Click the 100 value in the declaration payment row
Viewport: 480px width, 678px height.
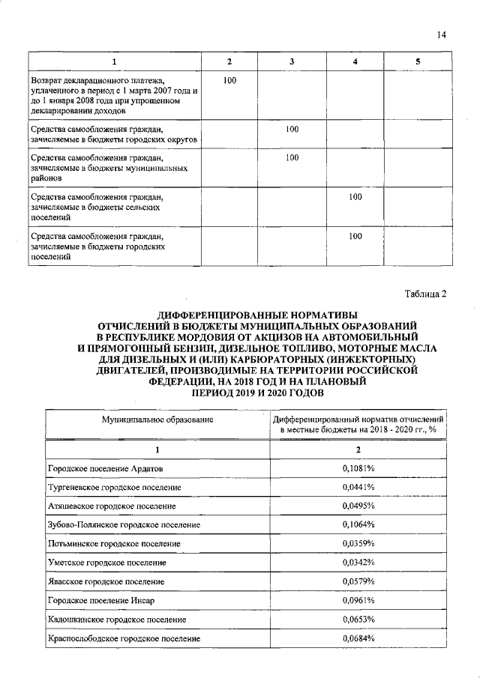tap(231, 79)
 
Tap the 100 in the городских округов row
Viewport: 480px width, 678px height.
tap(292, 130)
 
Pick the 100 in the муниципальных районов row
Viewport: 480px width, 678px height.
tap(292, 157)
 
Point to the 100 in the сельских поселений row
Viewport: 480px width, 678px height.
tap(355, 196)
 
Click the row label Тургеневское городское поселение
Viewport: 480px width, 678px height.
tap(115, 487)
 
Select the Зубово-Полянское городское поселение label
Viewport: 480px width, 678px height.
tap(124, 524)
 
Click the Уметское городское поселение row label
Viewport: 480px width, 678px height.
tap(106, 562)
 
